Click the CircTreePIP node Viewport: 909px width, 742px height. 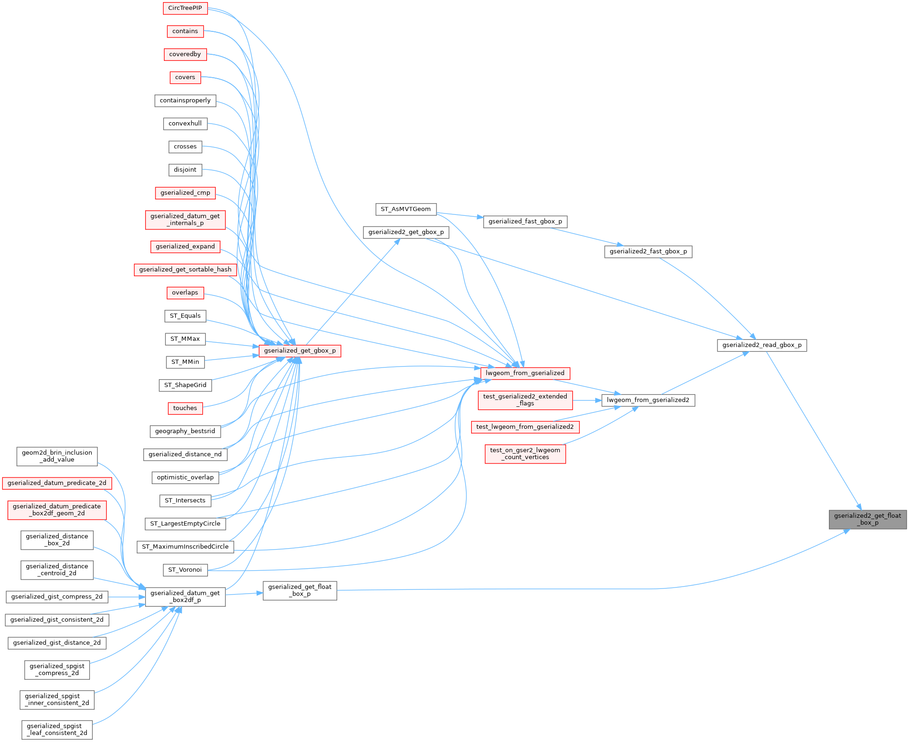(185, 8)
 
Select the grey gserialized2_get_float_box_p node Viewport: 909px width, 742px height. (867, 519)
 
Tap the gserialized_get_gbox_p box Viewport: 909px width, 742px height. (300, 351)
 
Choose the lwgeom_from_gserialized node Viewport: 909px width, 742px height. (525, 373)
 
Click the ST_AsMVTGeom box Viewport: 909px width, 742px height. (406, 209)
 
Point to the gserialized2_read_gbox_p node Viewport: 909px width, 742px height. (762, 345)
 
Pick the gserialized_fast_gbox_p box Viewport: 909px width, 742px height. (525, 221)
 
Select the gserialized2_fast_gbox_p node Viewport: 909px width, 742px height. (648, 251)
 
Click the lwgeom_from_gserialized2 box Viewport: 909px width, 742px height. (648, 400)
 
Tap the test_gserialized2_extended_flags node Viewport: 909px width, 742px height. (525, 400)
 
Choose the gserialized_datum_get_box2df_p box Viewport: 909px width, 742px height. (185, 596)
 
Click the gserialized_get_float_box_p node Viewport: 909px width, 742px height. (300, 590)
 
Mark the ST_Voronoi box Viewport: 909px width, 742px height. (185, 570)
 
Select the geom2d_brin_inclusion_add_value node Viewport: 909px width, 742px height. (57, 456)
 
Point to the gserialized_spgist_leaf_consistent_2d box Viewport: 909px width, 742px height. (57, 729)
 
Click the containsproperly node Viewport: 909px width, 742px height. (185, 101)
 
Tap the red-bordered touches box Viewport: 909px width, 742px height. (185, 408)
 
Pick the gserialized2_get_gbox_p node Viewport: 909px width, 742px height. (406, 232)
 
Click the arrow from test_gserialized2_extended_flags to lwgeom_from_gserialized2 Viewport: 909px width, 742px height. (587, 400)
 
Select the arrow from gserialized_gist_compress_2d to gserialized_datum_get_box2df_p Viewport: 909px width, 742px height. (126, 597)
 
